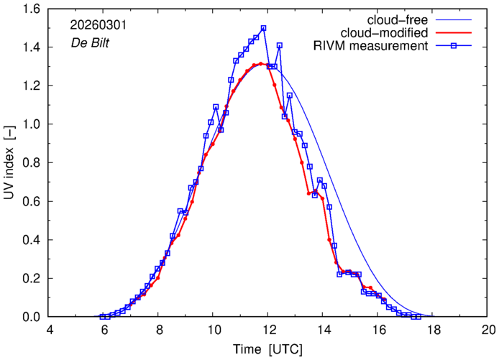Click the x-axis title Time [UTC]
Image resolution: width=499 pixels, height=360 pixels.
267,350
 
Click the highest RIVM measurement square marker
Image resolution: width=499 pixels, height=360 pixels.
264,28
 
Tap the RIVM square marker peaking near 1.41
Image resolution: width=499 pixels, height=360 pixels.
279,45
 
